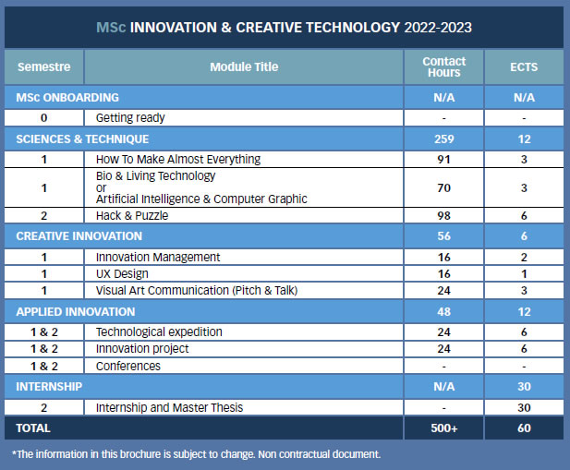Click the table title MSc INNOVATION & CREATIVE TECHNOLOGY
pos(284,28)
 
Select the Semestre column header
pos(44,67)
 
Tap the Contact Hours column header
pos(443,67)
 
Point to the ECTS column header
pos(524,67)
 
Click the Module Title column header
pos(244,67)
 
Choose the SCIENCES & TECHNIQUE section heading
pos(82,139)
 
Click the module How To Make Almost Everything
pos(178,159)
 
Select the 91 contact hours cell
pos(443,159)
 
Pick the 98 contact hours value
pos(443,215)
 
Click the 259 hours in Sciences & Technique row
pos(443,139)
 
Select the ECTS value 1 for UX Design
pos(524,274)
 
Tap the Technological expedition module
pos(159,331)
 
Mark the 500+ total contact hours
pos(443,428)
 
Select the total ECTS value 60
pos(524,428)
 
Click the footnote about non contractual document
pos(196,454)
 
